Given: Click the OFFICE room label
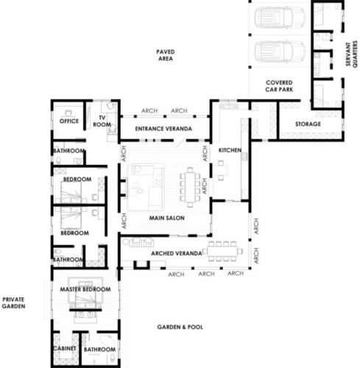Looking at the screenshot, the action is [x=69, y=121].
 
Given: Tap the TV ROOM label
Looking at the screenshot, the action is [x=102, y=121].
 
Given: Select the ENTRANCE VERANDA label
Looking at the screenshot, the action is [x=163, y=129].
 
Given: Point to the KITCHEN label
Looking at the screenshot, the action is [x=230, y=150].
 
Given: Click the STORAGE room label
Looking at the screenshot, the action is [x=308, y=124].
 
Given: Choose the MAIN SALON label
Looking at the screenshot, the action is [x=167, y=218].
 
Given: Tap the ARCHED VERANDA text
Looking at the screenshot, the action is [x=177, y=253].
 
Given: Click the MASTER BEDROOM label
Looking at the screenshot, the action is [x=85, y=289].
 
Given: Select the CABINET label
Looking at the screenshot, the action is [x=65, y=348].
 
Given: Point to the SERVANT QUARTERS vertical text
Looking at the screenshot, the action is [x=351, y=54].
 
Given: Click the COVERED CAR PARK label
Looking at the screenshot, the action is [x=279, y=86].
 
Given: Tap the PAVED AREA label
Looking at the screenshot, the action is [x=166, y=55].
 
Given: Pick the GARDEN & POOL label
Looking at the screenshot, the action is [x=180, y=327].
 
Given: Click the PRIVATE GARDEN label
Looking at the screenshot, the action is [x=13, y=302].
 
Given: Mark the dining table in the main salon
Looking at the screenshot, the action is [x=190, y=187].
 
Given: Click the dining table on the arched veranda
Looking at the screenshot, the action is [x=222, y=251].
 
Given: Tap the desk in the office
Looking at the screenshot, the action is [x=69, y=114].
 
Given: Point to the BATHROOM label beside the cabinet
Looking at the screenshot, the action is [x=99, y=350].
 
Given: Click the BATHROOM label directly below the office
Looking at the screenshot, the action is [x=68, y=151].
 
